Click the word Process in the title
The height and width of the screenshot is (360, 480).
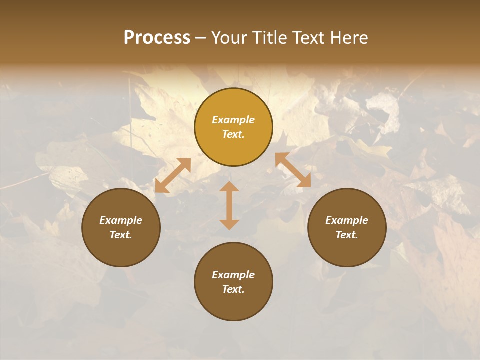(x=157, y=38)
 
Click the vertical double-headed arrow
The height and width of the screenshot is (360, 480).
(x=229, y=205)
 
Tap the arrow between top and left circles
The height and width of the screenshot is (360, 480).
(x=173, y=175)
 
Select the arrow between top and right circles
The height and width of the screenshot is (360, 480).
(x=293, y=170)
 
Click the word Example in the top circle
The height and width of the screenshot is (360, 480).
(x=233, y=120)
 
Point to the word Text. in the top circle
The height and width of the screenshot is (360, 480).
(x=233, y=134)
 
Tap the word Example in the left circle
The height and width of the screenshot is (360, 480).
(x=121, y=220)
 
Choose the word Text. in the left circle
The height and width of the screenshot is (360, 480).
(x=121, y=235)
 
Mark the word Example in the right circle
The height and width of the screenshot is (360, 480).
(x=347, y=220)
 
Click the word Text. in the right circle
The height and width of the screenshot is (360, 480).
(x=347, y=235)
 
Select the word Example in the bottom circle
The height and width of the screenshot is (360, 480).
(x=233, y=275)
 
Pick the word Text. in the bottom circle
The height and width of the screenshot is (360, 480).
(x=233, y=289)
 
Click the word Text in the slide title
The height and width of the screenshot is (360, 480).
(x=309, y=38)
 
